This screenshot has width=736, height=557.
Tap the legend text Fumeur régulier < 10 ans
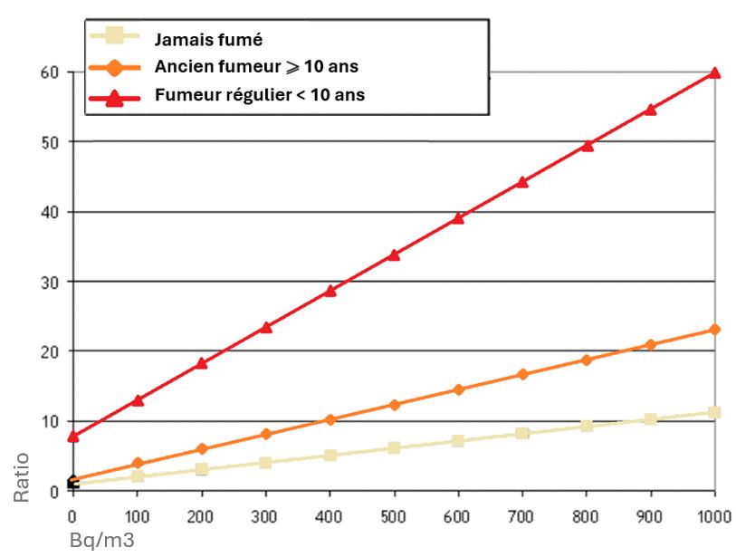[260, 94]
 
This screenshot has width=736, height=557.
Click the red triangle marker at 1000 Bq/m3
[714, 72]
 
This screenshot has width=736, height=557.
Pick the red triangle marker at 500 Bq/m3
[394, 254]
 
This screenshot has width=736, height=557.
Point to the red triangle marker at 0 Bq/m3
[73, 437]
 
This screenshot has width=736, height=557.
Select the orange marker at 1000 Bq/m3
[714, 330]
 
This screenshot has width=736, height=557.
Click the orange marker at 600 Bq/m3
[458, 389]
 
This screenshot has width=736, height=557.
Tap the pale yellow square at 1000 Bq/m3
[714, 412]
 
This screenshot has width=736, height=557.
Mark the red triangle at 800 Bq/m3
[587, 145]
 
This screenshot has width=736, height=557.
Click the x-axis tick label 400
[330, 516]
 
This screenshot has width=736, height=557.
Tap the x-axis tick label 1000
[714, 516]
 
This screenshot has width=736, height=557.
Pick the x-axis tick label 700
[522, 516]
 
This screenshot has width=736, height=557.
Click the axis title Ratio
[23, 476]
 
